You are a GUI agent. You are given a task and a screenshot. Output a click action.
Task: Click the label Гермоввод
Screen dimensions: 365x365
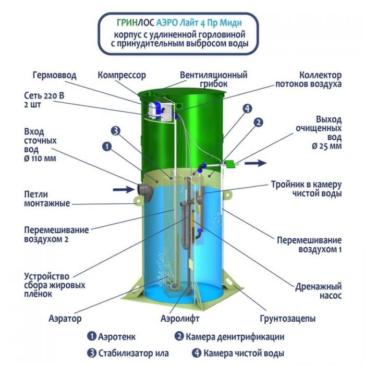tap(54, 76)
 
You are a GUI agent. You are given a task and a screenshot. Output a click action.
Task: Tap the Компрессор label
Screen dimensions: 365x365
tap(121, 76)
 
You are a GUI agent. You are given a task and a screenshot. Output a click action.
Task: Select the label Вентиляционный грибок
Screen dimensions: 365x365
tap(214, 79)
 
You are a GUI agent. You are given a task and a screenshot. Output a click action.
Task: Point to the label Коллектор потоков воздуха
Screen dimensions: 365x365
tap(309, 79)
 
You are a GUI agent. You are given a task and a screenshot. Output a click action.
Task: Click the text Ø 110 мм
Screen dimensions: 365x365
tap(40, 159)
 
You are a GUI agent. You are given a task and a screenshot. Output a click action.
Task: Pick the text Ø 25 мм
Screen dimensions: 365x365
tap(327, 146)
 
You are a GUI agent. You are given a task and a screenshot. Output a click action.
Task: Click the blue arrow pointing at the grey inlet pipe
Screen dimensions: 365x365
tap(124, 189)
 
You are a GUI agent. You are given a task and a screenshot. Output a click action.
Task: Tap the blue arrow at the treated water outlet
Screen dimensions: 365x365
tap(256, 163)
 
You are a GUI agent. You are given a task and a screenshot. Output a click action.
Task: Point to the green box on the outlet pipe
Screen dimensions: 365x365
tap(229, 164)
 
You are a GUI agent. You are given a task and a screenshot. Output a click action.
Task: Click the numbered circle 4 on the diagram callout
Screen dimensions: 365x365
tap(247, 108)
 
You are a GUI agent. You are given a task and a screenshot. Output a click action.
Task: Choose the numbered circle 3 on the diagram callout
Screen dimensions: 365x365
tap(115, 131)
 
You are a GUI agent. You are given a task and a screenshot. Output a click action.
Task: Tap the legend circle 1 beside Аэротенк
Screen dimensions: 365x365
tap(92, 336)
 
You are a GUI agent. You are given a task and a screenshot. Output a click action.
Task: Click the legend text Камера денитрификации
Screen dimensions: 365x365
tap(235, 337)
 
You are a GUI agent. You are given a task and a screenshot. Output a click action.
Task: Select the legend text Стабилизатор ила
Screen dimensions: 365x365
tap(133, 354)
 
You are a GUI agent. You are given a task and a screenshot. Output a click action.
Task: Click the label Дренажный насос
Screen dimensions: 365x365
tap(319, 291)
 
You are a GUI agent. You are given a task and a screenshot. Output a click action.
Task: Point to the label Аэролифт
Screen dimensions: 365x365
tap(180, 319)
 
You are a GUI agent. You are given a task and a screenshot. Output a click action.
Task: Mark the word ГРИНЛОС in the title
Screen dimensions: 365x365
tap(135, 22)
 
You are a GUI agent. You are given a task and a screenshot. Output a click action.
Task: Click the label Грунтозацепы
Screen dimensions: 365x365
tap(288, 319)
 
